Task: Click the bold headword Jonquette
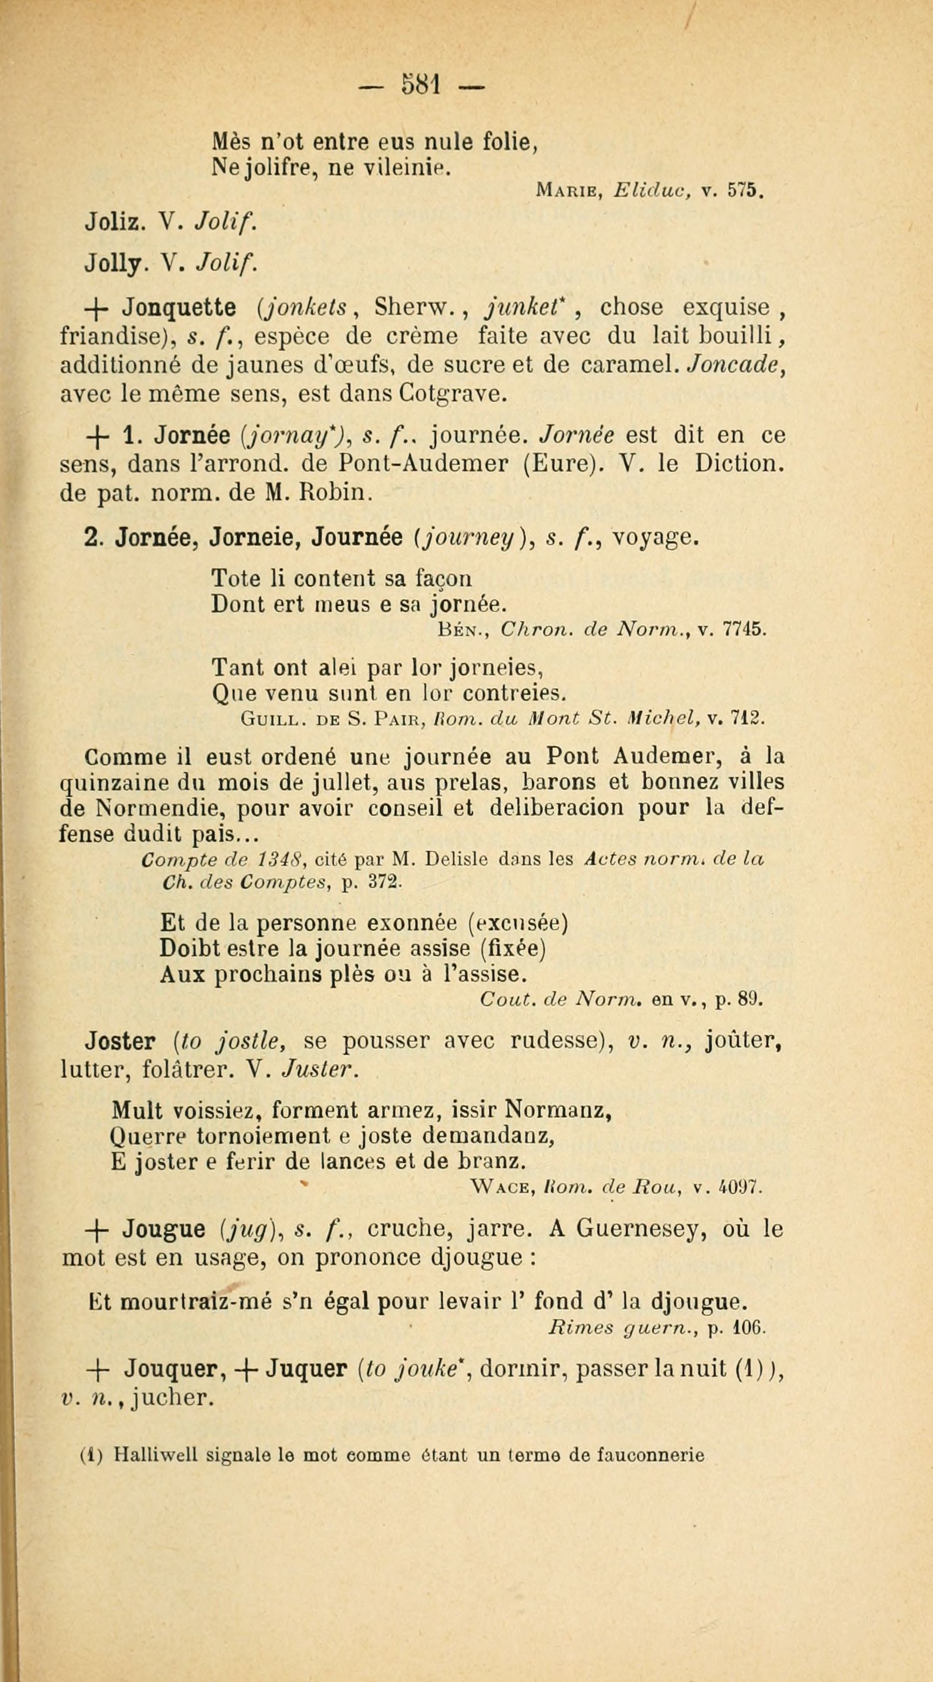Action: click(179, 308)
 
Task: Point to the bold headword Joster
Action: click(119, 1043)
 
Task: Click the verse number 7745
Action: click(741, 629)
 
